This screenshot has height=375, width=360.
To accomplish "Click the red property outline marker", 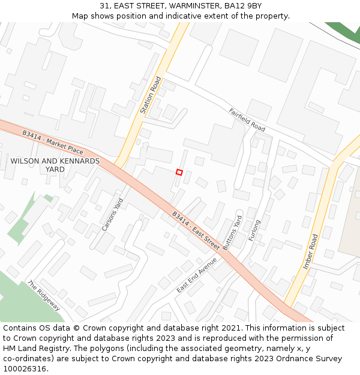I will (179, 172).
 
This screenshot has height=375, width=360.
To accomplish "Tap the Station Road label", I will (151, 95).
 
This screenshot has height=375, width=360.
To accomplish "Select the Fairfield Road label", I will (247, 120).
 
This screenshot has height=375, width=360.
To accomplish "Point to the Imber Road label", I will (310, 251).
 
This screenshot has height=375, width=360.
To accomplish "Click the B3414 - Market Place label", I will (53, 142).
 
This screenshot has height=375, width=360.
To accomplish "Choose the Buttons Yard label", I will (232, 232).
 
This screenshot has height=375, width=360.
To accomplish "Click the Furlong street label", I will (254, 230).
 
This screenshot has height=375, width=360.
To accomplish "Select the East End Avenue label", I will (197, 275).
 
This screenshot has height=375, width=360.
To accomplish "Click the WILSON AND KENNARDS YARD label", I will (55, 165).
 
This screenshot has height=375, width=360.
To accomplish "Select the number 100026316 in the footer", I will (25, 369).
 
